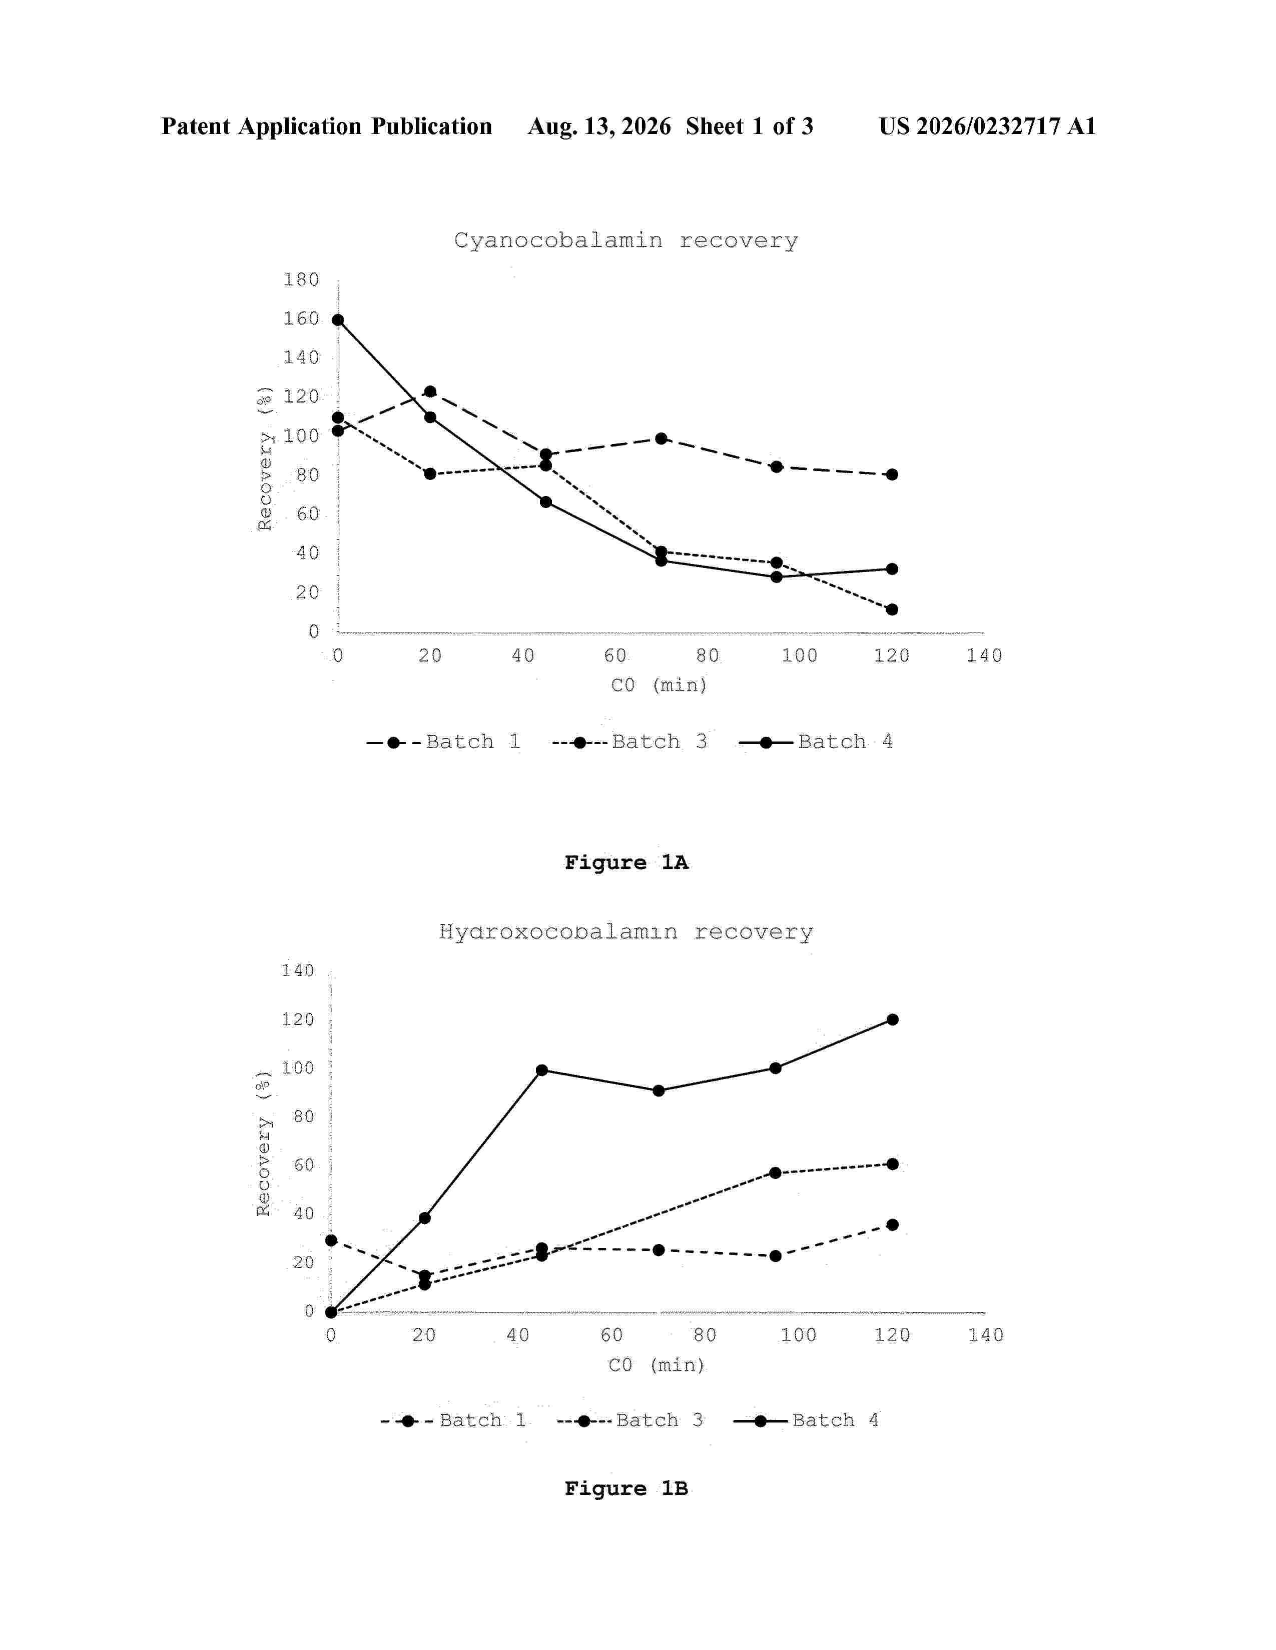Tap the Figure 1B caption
pos(626,1488)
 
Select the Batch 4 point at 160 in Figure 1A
pos(338,319)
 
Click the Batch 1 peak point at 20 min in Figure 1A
pos(430,391)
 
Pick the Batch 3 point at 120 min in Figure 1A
pos(892,609)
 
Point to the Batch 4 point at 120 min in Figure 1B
pos(892,1019)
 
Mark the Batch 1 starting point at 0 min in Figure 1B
pos(331,1240)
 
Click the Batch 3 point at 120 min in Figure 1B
pos(892,1163)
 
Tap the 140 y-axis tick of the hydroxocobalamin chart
pos(298,970)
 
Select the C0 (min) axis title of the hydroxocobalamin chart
pos(656,1364)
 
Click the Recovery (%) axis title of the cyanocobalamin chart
pos(265,458)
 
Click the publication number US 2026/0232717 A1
pos(987,126)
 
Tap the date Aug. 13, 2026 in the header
pos(599,126)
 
